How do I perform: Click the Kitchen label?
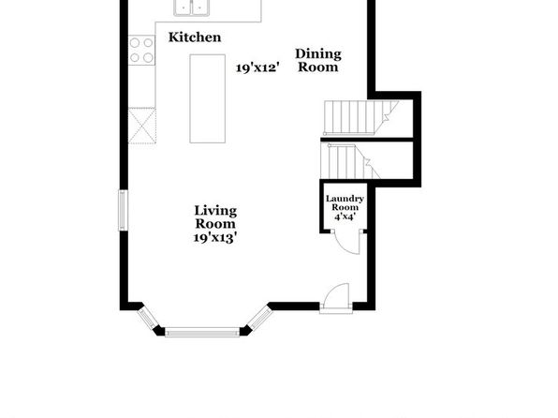(195, 37)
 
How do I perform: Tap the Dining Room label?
(318, 60)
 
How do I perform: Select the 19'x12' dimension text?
(257, 67)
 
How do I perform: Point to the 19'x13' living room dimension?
(215, 237)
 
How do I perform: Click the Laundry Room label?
(345, 202)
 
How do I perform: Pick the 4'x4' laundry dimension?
(345, 216)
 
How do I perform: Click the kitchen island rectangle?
(208, 98)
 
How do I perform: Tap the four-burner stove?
(141, 50)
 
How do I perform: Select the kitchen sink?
(192, 7)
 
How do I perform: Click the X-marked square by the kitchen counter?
(142, 126)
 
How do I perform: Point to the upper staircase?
(360, 117)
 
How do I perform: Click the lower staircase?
(350, 160)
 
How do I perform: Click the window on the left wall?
(123, 210)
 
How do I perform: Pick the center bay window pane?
(202, 332)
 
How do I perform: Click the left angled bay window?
(148, 318)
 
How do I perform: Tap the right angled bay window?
(260, 319)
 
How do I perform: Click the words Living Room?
(215, 217)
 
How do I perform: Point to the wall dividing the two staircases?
(367, 140)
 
